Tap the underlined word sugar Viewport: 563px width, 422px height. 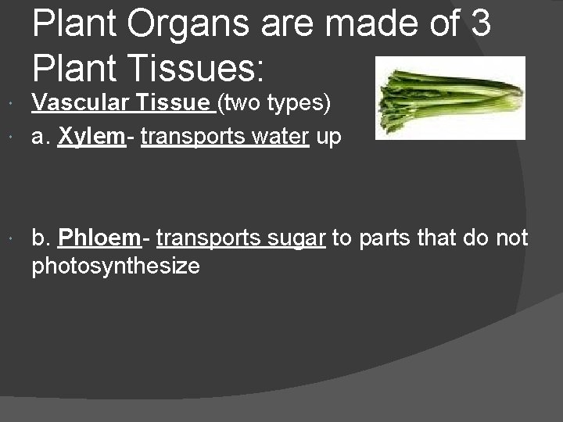295,237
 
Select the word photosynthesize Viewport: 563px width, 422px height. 116,266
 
